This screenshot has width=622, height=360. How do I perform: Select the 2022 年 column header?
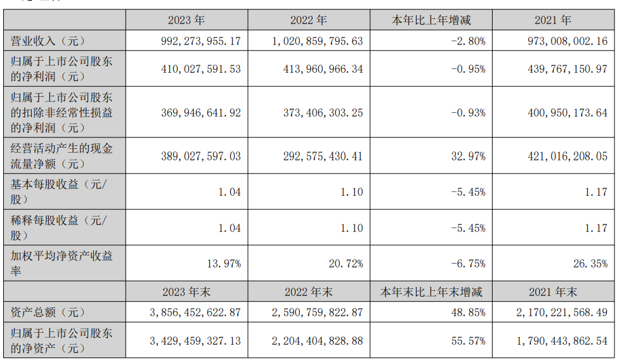click(309, 20)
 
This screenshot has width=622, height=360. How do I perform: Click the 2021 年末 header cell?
click(555, 292)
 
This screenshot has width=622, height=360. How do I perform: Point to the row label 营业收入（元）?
click(48, 41)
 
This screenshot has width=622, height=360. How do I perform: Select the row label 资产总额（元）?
click(48, 312)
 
